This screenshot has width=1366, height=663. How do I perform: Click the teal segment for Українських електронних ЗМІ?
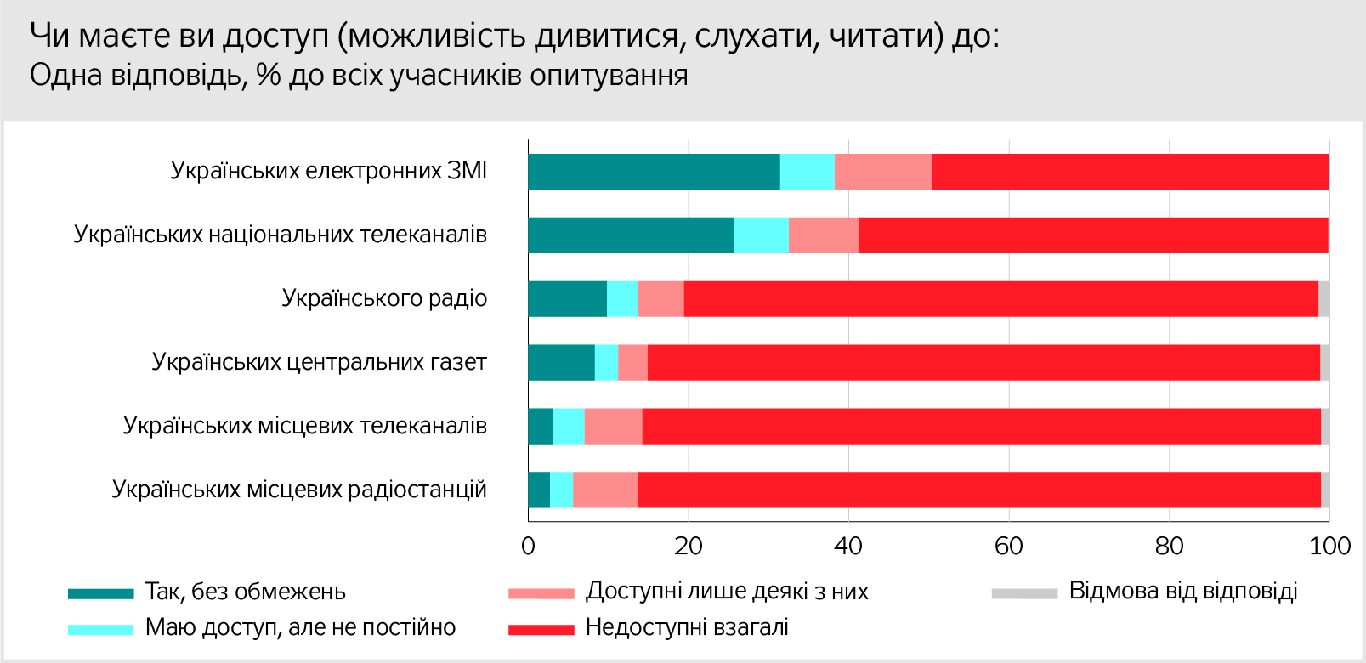654,172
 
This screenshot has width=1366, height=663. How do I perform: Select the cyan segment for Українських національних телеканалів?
761,235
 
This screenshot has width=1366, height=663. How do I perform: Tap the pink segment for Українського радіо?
660,299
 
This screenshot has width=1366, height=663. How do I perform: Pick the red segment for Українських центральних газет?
983,363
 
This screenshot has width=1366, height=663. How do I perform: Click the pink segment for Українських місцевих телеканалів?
613,427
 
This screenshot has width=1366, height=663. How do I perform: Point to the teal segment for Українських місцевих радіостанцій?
539,490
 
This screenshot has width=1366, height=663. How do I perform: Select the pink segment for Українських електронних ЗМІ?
882,172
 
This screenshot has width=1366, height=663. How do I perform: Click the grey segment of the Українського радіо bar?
1323,299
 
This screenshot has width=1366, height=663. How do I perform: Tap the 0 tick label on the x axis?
528,547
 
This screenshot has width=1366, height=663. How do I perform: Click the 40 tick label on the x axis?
848,547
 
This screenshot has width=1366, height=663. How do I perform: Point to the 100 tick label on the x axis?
1329,547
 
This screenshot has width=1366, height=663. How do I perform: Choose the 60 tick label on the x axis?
1009,547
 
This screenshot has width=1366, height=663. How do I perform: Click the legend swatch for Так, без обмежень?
101,593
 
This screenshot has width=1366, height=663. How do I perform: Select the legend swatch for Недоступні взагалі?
541,630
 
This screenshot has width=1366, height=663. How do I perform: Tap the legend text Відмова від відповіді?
1182,592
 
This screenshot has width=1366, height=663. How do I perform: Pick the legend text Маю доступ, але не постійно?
300,628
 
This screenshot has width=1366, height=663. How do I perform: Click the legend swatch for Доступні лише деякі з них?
541,593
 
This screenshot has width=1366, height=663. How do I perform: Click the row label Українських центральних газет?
319,363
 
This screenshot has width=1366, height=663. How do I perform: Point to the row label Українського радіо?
384,299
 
